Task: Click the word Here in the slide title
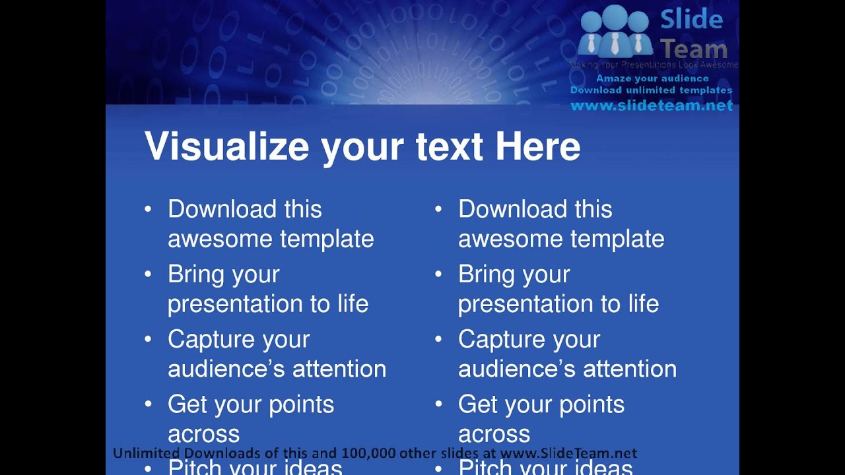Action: coord(537,146)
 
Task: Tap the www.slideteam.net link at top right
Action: coord(652,106)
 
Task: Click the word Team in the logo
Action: coord(694,49)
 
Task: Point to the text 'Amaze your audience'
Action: coord(652,79)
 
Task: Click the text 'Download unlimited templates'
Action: coord(651,90)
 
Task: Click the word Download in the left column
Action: coord(222,209)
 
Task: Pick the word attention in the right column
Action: coord(630,369)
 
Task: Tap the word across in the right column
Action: coord(494,434)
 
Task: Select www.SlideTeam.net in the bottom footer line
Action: coord(568,453)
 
